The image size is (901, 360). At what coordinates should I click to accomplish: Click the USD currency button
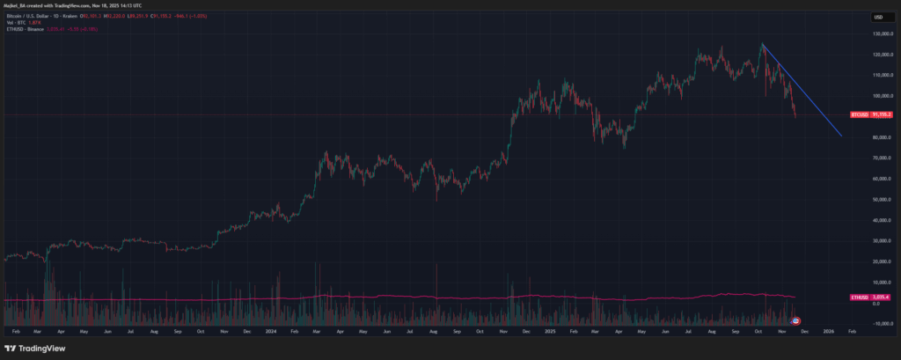click(878, 18)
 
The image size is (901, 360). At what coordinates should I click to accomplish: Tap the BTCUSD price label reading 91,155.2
click(870, 115)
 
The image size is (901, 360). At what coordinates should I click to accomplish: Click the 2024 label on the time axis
click(271, 331)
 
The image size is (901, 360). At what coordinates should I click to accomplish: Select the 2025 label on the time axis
click(549, 331)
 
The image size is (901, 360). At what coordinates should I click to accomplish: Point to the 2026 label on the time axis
click(828, 331)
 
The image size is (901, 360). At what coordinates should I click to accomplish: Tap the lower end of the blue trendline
click(843, 136)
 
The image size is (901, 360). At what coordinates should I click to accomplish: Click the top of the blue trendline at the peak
click(762, 44)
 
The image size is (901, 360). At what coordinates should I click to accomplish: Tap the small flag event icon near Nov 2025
click(796, 320)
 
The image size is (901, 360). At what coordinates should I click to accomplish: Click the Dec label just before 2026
click(805, 331)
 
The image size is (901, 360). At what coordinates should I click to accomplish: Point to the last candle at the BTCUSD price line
click(795, 114)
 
